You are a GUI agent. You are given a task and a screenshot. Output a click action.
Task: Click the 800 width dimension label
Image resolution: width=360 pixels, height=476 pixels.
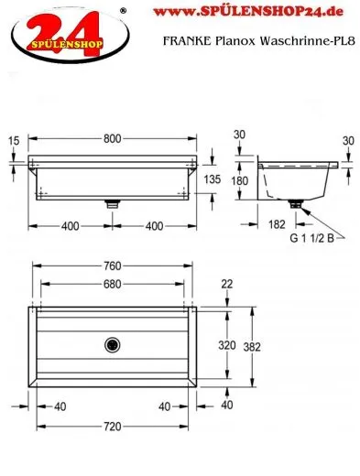[x=113, y=139]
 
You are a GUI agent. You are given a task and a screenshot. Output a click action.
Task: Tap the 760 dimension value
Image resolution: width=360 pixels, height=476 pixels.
[x=113, y=266]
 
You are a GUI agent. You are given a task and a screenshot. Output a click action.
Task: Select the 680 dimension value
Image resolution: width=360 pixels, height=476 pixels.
[x=113, y=285]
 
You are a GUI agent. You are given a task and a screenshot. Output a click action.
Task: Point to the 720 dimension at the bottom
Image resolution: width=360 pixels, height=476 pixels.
[x=113, y=427]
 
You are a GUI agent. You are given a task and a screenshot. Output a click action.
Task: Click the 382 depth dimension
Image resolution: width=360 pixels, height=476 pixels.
[x=252, y=347]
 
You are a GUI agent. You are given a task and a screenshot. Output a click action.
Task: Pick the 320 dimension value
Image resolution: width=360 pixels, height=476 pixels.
[x=227, y=345]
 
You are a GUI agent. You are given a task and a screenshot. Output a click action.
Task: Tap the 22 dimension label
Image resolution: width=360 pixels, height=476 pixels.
[x=227, y=285]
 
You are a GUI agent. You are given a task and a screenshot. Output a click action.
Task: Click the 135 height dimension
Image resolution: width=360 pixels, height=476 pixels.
[x=213, y=179]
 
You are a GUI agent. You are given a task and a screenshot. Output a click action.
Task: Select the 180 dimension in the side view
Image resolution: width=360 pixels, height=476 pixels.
[x=240, y=180]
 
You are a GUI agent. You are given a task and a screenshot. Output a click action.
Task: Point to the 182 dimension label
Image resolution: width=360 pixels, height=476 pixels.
[x=277, y=224]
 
